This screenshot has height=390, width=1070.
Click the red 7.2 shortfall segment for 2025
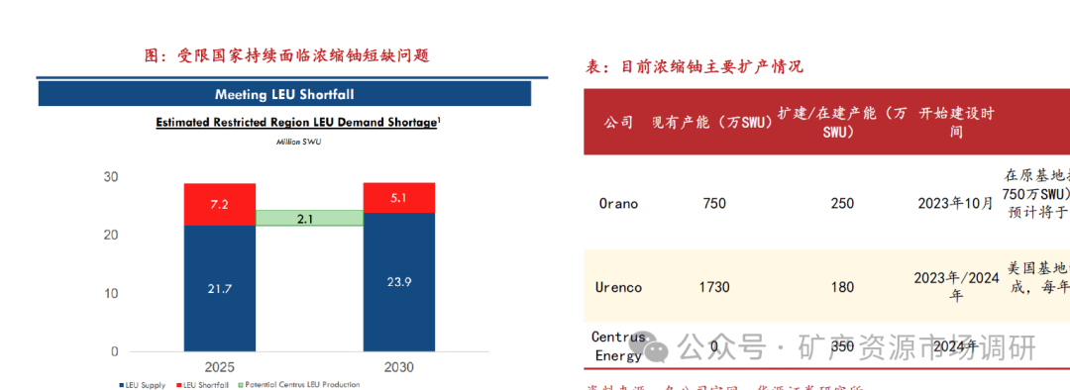pos(219,204)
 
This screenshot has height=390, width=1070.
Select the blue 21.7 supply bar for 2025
pos(219,288)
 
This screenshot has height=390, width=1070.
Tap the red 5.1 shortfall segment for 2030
pos(398,198)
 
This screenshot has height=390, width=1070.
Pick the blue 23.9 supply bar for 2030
pos(398,282)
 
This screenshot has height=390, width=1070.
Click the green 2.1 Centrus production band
pos(308,219)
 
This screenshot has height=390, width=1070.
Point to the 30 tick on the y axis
pos(110,177)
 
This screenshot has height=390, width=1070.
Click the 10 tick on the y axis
pos(110,294)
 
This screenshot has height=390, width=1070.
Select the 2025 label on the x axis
pos(219,367)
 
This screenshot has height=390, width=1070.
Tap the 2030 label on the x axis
pos(398,367)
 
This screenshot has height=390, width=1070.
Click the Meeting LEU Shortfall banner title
pos(284,94)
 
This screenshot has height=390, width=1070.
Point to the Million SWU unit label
pos(297,142)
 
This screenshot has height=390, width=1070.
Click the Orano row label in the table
pos(618,204)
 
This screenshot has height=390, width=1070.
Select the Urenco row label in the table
pos(620,287)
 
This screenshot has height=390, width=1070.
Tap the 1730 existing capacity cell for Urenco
pos(713,287)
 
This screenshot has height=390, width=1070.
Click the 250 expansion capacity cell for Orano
pos(841,204)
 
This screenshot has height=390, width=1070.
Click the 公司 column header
pos(618,122)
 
